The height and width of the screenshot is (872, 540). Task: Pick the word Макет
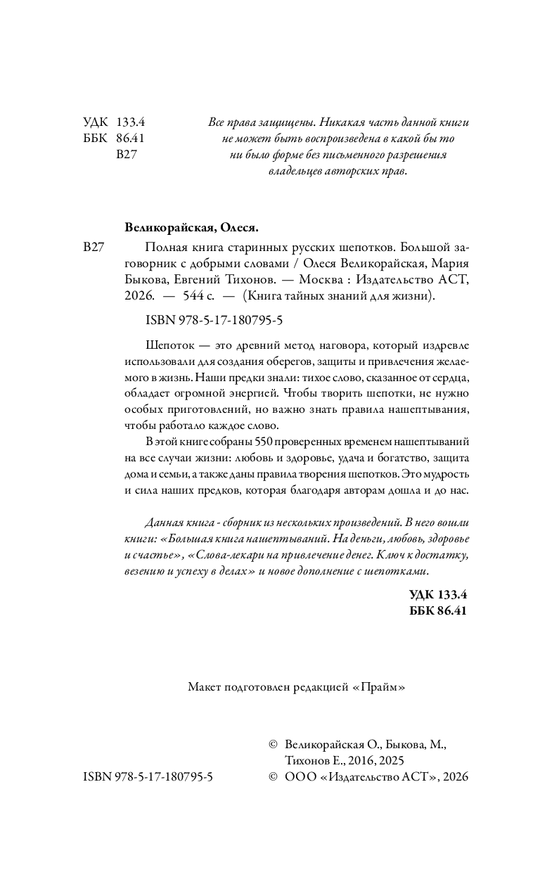205,688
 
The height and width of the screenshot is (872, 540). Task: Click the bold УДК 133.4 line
437,595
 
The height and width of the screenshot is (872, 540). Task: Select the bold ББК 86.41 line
437,611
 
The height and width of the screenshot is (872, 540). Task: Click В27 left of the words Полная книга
94,247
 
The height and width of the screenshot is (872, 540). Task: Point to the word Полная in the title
162,247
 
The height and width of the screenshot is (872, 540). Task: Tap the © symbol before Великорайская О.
274,745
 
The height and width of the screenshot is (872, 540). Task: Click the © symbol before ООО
274,777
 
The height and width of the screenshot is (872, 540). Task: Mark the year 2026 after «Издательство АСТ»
453,777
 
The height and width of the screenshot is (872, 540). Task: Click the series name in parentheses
338,297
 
